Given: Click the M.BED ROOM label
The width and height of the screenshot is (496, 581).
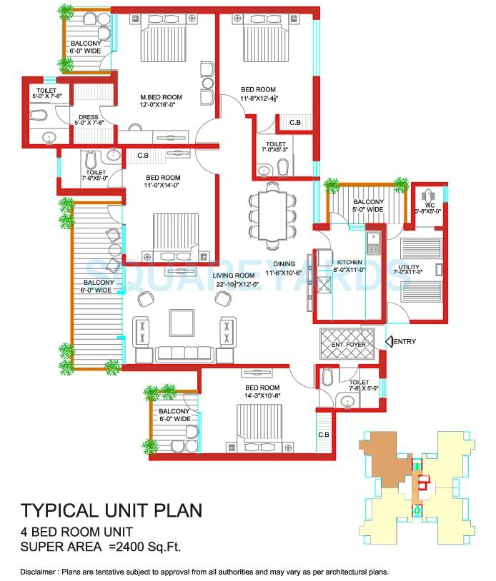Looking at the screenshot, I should tap(161, 97).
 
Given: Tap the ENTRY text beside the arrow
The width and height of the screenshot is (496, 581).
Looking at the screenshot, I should tap(405, 342).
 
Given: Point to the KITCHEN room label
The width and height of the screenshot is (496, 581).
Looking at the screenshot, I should tap(350, 263).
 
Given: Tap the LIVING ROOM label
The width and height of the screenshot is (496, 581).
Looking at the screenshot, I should tap(234, 276).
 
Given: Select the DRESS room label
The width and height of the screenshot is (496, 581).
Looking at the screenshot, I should tap(89, 116).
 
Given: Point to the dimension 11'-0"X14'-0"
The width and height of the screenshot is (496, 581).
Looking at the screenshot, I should tap(162, 185).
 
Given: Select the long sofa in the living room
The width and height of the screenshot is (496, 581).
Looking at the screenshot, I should tap(184, 353).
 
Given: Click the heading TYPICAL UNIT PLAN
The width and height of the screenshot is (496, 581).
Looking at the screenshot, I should tap(111, 510).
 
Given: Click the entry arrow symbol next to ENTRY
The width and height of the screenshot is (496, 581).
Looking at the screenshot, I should tap(389, 342).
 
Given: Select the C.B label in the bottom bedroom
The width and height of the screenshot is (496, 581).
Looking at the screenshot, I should tap(323, 435).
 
